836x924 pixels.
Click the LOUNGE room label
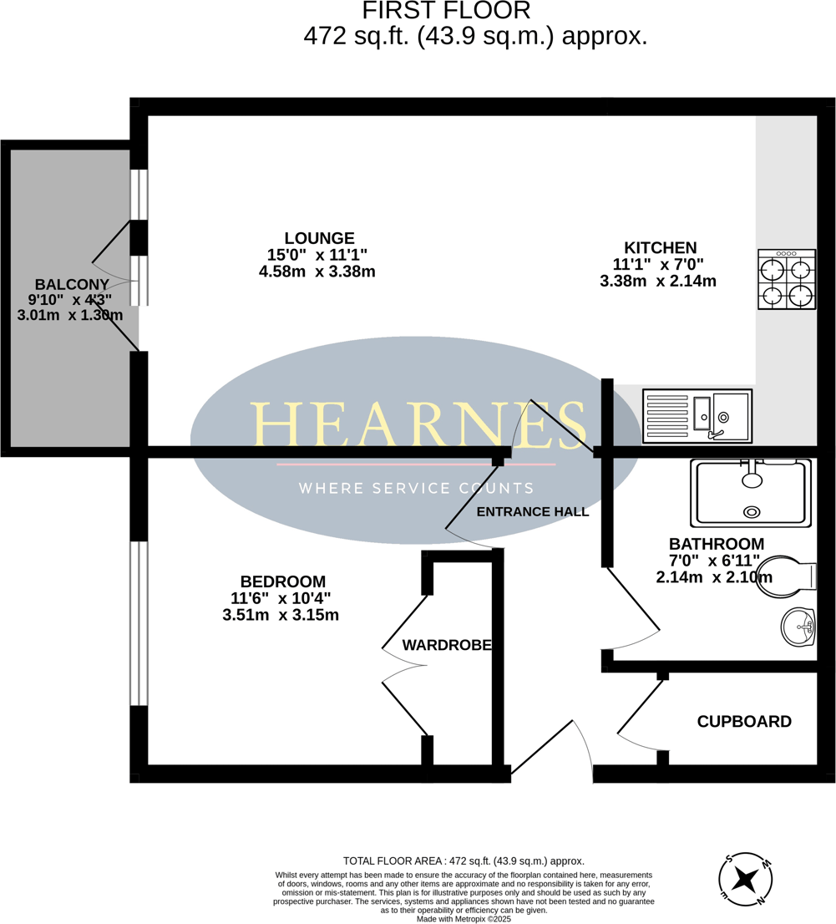click(319, 238)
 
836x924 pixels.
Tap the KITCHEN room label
click(660, 248)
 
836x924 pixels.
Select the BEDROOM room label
click(282, 581)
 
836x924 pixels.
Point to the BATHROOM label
click(716, 543)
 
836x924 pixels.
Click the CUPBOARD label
click(744, 722)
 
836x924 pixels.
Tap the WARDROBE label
click(447, 645)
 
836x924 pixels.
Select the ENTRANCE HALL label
click(532, 512)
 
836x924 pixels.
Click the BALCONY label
click(72, 284)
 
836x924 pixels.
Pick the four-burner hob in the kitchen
click(787, 280)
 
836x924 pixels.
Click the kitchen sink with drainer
click(697, 416)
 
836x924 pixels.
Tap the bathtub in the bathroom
click(751, 493)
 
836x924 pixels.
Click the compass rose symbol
click(745, 880)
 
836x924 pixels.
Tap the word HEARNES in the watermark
click(418, 424)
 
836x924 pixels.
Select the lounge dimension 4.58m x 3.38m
click(317, 272)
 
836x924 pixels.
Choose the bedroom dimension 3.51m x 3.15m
click(281, 616)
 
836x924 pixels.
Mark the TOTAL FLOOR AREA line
click(464, 861)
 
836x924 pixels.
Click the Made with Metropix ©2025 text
click(464, 919)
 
